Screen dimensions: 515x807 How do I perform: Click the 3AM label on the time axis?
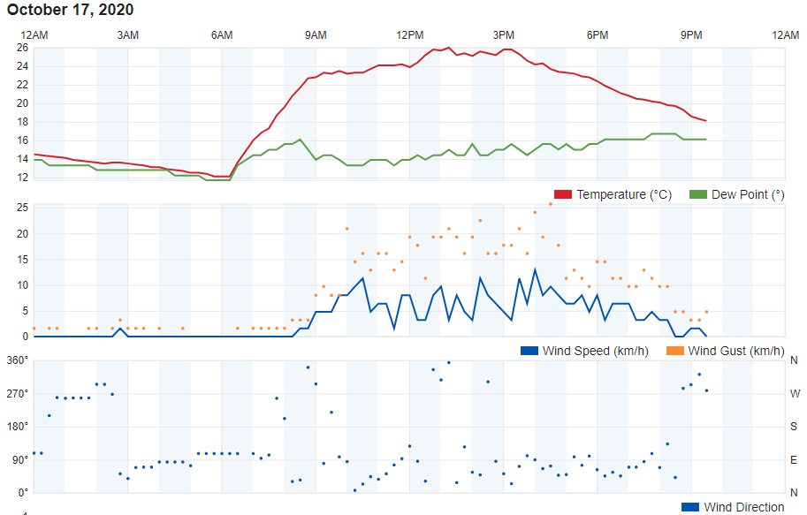tap(128, 34)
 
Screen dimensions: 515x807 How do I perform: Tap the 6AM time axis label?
tap(222, 34)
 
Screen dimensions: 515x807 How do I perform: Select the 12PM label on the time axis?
tap(409, 34)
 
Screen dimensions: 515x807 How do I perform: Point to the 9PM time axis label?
tap(691, 34)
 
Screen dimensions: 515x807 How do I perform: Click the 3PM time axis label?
tap(504, 34)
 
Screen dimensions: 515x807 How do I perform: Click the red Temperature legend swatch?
tap(563, 194)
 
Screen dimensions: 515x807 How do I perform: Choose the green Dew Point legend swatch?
tap(697, 194)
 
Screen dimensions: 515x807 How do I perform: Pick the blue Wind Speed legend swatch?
tap(529, 351)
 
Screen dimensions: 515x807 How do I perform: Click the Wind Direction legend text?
tap(743, 507)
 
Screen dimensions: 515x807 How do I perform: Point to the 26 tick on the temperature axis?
tap(21, 48)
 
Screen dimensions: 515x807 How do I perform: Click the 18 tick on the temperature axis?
tap(21, 122)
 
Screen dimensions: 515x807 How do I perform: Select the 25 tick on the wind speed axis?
tap(21, 208)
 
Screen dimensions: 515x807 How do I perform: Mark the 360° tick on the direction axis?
tap(18, 360)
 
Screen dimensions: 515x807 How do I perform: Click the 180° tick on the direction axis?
tap(18, 426)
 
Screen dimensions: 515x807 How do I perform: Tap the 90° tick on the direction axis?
tap(20, 459)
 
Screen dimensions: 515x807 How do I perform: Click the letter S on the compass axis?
tap(794, 426)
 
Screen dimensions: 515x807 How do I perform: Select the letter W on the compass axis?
tap(794, 393)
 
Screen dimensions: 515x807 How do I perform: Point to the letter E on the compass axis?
tap(794, 459)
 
